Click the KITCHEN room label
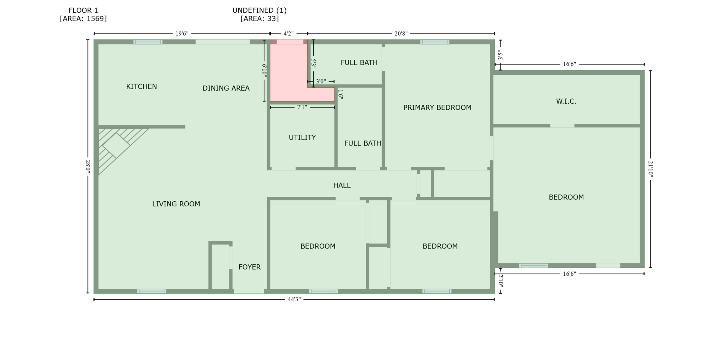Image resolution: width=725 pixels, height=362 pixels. coord(141,87)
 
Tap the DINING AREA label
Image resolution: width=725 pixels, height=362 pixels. coord(226,88)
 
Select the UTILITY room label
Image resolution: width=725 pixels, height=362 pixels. coord(302,138)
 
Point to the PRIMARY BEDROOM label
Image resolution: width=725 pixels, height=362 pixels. coord(437,108)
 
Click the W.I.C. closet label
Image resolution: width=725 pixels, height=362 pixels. coord(566,102)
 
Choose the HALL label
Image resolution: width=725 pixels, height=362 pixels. coord(342,185)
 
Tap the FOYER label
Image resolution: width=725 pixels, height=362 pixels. coord(249,267)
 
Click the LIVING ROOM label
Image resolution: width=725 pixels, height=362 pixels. coord(176,204)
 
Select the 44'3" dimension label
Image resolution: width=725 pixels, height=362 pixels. coord(294,299)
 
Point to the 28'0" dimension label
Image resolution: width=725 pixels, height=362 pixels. coord(88,166)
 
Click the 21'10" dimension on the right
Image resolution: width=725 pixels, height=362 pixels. coord(650,169)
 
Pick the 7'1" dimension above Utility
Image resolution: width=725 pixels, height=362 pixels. coord(302,107)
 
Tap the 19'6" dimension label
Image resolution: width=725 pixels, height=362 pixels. coord(182,34)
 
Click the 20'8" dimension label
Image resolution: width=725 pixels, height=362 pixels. coord(401,34)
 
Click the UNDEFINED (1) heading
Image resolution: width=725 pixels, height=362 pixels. coord(259,11)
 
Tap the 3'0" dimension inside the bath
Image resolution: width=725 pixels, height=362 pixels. coord(321,81)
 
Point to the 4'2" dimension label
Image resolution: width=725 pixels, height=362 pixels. coord(289,34)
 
